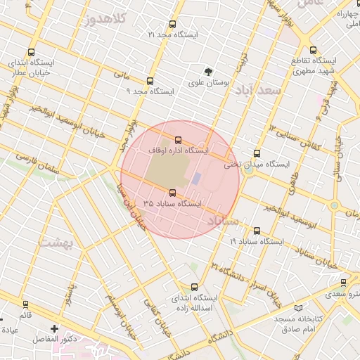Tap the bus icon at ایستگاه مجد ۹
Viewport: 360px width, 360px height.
click(x=150, y=82)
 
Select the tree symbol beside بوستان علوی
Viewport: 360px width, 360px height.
click(x=208, y=72)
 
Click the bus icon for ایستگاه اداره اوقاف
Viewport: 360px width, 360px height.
click(x=178, y=140)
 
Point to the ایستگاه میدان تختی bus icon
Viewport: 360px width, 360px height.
click(x=257, y=153)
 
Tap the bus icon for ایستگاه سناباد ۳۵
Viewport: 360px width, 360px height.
click(x=173, y=193)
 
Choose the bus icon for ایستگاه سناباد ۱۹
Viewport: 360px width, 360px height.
click(x=256, y=231)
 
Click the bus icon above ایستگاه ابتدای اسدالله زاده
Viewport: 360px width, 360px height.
click(x=195, y=287)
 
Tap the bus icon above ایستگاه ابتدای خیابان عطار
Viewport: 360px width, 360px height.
click(x=31, y=52)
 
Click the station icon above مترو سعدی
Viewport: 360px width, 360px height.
click(x=343, y=283)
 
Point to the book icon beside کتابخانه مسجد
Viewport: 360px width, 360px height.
click(x=299, y=308)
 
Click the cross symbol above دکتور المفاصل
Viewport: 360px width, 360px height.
click(x=55, y=328)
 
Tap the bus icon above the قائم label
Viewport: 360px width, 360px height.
click(x=26, y=304)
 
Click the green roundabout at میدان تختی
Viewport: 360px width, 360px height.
click(x=247, y=169)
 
